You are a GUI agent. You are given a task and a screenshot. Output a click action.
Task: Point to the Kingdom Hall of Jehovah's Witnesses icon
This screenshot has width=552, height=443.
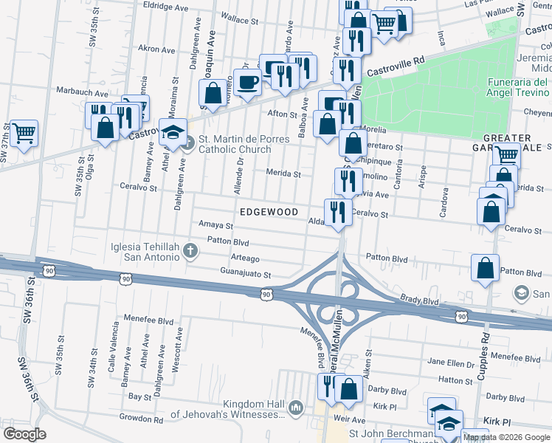pos(296,408)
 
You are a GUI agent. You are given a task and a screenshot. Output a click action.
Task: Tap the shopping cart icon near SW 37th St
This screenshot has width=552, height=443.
pos(24,134)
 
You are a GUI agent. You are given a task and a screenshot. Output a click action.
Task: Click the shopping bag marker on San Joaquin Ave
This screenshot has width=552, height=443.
pos(213,94)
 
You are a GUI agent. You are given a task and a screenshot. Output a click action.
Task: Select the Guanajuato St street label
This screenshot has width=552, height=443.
pos(246,274)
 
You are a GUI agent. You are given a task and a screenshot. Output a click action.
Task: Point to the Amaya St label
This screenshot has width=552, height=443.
pos(215,225)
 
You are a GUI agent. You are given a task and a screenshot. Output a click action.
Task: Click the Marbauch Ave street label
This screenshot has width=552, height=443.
pos(83,93)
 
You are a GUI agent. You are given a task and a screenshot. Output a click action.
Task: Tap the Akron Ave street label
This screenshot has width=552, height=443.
pos(156,49)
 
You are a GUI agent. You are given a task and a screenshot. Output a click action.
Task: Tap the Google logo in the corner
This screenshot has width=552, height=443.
pos(25,433)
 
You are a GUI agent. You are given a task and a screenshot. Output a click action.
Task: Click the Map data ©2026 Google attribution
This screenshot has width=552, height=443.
pos(506,437)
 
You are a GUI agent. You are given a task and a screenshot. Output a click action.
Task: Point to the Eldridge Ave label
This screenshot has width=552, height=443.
pos(168,6)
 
